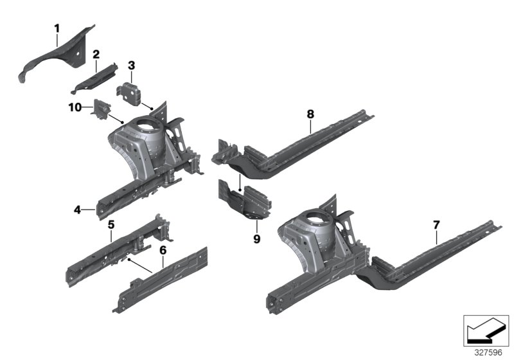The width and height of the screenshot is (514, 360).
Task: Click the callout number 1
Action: pos(57,28)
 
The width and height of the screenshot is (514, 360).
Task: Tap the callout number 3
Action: pos(131,65)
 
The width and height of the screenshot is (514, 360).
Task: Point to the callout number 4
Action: pos(77,210)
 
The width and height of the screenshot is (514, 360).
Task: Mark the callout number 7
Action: pos(436,224)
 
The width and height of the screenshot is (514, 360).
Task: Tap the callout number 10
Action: pos(75,107)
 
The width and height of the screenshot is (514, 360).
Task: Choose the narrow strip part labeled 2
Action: pos(96,76)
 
